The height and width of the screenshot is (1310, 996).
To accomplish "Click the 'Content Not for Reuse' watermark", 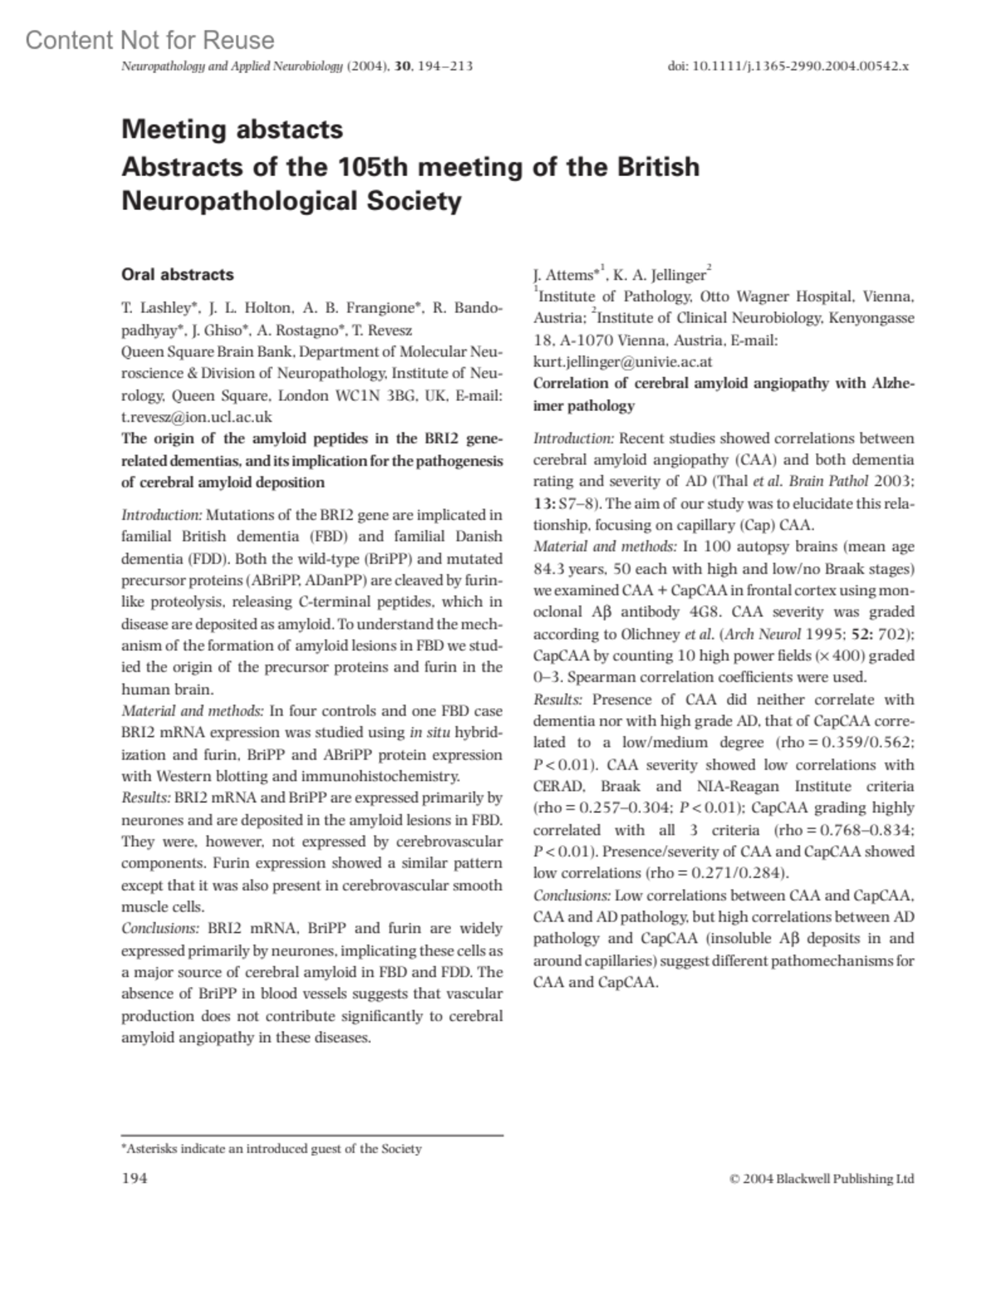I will tap(149, 40).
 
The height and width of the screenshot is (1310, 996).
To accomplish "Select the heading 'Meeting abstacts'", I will tap(232, 130).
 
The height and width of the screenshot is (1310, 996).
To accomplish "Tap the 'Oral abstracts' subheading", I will tap(177, 275).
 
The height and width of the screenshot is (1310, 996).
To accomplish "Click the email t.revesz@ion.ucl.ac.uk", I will tap(196, 418).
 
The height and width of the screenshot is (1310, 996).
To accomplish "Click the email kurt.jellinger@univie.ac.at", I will tap(622, 362).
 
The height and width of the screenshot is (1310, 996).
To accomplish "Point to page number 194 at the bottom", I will tap(134, 1178).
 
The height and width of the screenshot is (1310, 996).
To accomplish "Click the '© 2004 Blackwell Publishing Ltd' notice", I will tap(821, 1179).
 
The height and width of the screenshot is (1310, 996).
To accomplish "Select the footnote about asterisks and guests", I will tap(271, 1149).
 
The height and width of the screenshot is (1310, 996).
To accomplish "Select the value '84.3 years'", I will tap(572, 569).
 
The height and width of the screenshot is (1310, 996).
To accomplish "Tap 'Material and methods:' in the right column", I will tap(605, 547).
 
